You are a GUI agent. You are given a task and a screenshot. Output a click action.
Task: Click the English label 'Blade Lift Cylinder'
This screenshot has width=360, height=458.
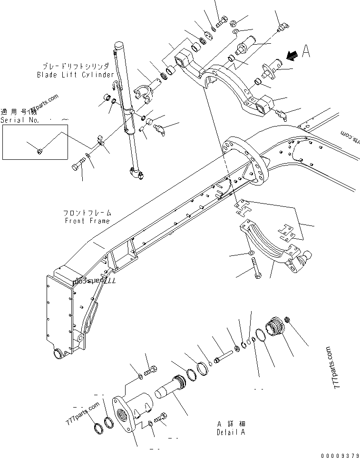pyautogui.click(x=76, y=75)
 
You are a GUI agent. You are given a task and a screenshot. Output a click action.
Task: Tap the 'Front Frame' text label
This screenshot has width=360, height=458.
pyautogui.click(x=87, y=221)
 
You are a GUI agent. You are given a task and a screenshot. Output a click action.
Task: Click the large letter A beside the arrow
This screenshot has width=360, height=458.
pyautogui.click(x=306, y=52)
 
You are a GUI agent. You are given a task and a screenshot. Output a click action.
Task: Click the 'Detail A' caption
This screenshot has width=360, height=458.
pyautogui.click(x=231, y=432)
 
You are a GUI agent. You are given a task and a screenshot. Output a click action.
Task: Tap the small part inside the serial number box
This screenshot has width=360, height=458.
pyautogui.click(x=39, y=151)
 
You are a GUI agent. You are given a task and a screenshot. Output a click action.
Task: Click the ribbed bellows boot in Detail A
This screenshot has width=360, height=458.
pyautogui.click(x=274, y=329)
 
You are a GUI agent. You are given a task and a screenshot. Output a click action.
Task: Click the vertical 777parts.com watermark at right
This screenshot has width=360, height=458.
pyautogui.click(x=338, y=368)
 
